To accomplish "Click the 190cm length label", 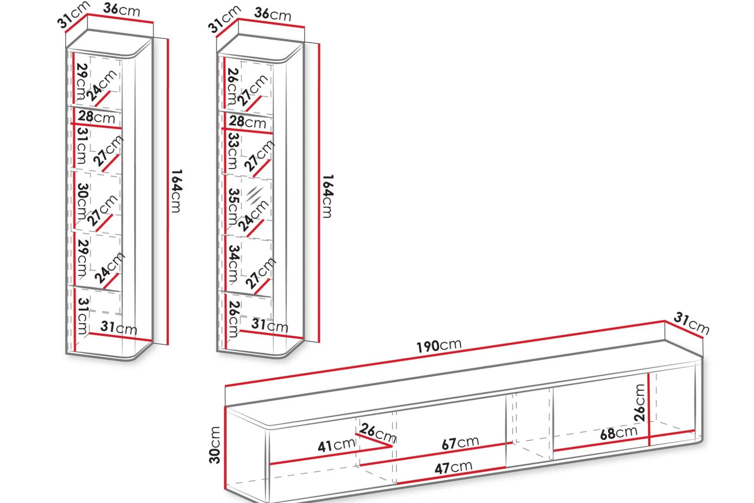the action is (439, 345).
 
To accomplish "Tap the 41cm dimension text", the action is (336, 445).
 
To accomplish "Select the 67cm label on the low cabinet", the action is (460, 443).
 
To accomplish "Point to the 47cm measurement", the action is (453, 467).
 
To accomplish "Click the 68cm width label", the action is (619, 432).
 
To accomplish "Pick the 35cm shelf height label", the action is (233, 206).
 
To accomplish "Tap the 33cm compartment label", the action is (233, 151).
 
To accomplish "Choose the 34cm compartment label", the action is (233, 263).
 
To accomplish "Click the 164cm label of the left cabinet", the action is (176, 191).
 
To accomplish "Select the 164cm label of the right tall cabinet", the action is (328, 196).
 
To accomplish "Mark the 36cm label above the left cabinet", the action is (122, 9).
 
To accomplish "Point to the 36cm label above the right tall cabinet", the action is (273, 14).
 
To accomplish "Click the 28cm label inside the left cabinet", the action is (97, 117).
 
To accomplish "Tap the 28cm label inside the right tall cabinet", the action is (248, 121).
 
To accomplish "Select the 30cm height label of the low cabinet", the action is (215, 445).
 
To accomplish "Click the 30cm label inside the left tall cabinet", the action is (82, 201).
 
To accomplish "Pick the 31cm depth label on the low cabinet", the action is (692, 323).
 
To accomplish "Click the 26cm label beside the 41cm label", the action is (377, 433).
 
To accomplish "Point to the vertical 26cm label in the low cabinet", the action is (640, 402).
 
